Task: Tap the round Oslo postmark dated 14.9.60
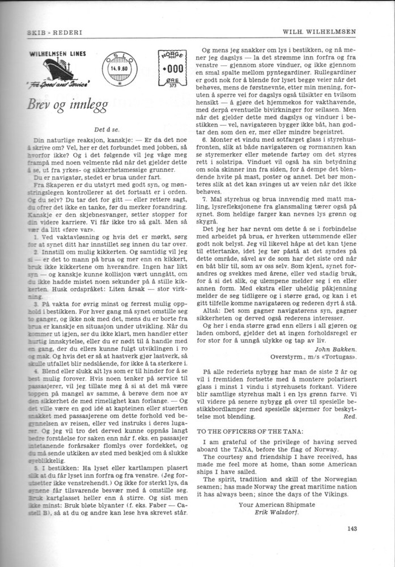click(x=118, y=71)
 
